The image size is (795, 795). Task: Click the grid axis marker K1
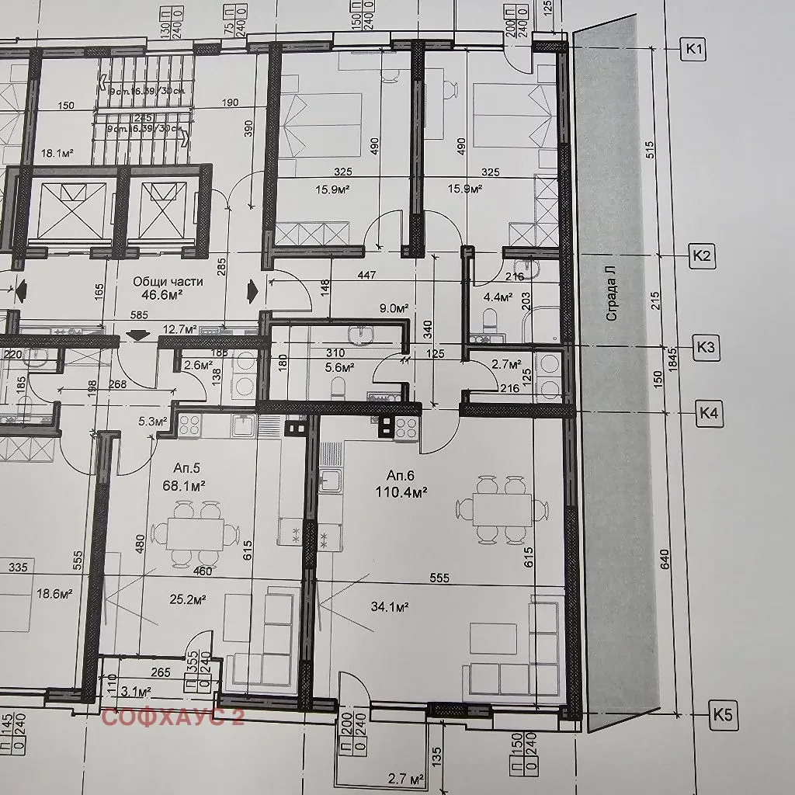(x=694, y=50)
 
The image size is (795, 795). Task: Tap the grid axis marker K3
(x=705, y=347)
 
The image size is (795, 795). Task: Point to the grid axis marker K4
(x=707, y=413)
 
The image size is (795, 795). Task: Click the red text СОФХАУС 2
(x=173, y=718)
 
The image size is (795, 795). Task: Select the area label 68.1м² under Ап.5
(x=183, y=486)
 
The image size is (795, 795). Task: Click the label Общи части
(x=168, y=281)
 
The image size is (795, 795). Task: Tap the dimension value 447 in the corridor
(x=367, y=274)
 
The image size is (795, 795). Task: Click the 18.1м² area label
(x=56, y=154)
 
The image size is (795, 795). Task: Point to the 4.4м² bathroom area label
(x=498, y=297)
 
